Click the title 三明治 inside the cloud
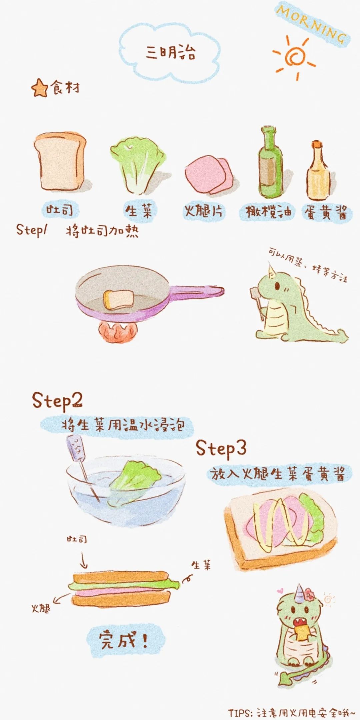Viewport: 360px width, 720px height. pos(170,52)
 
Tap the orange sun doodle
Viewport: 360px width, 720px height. pos(294,57)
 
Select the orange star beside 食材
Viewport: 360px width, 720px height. pos(40,88)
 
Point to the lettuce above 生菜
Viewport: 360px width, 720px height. pos(139,167)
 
